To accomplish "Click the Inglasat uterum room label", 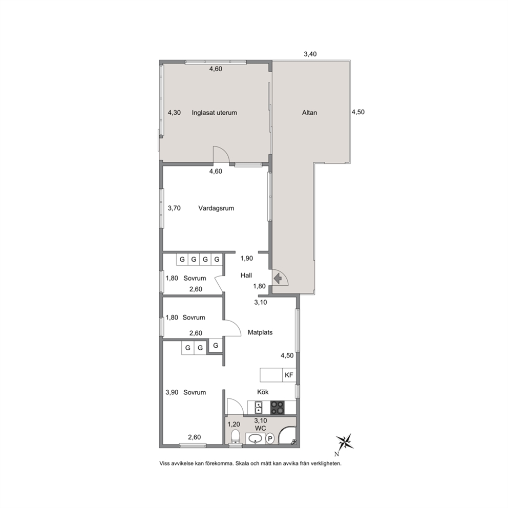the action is (x=214, y=113).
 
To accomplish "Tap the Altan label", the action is (x=309, y=113).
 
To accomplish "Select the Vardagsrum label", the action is (x=216, y=208).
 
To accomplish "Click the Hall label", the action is (x=246, y=276).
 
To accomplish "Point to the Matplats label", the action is (x=260, y=332).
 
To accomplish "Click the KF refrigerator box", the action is (x=289, y=375).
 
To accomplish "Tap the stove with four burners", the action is (x=278, y=408).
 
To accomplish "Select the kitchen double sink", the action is (x=259, y=408).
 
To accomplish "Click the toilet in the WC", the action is (x=236, y=436).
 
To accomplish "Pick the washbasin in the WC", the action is (x=256, y=439).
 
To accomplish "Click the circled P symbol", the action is (x=269, y=439).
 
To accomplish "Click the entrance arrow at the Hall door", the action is (x=278, y=278).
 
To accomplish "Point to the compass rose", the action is (x=345, y=442).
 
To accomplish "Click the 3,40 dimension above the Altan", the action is (x=310, y=54).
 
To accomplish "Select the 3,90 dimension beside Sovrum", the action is (x=172, y=392).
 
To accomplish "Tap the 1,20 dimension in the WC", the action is (x=234, y=425).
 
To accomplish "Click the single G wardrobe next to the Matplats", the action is (x=216, y=346).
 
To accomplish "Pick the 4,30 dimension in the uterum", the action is (x=174, y=113).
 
